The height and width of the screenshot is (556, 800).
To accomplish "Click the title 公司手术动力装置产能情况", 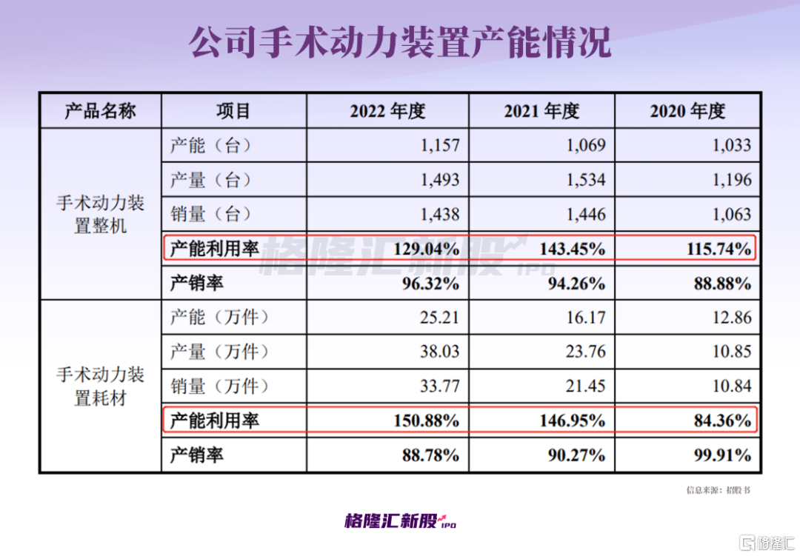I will coord(400,44).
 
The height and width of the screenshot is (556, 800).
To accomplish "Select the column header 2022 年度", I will coord(387,111).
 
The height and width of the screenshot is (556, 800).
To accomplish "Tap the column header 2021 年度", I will coord(541,111).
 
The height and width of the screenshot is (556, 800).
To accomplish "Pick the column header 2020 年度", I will coord(687,111).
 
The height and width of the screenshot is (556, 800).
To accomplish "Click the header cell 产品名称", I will coord(100,111).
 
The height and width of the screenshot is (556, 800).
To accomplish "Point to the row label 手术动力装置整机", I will coord(100,215).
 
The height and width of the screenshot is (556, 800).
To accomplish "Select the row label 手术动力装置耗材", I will coord(100,386).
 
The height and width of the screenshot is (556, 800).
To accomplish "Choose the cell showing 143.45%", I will coord(573,249).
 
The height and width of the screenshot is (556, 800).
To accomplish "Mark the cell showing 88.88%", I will coord(720,283).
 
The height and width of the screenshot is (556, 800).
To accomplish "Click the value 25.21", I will coord(440,318).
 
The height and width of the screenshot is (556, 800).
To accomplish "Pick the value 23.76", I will coord(586,352).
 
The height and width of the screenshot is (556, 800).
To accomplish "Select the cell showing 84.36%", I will coord(722,421).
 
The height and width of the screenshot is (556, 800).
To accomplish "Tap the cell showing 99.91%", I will coord(720,455).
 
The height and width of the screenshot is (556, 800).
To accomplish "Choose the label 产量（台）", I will coord(210,180).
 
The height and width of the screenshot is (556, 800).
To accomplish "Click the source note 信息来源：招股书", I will coord(718,490).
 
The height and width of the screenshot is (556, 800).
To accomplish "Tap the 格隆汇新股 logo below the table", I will coord(400,521).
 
